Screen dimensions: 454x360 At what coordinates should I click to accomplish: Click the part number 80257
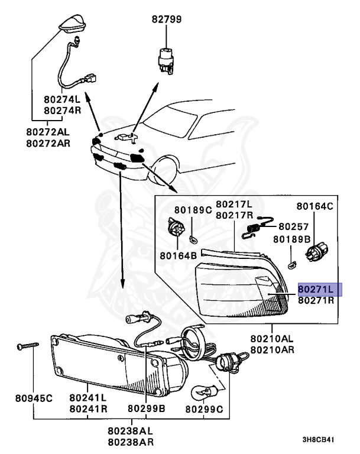click(293, 226)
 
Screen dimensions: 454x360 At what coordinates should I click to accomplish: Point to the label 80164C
click(314, 206)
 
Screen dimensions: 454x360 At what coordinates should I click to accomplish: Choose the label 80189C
click(192, 210)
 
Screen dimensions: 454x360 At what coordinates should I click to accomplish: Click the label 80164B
click(177, 256)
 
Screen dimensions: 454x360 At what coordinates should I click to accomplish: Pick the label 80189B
click(291, 239)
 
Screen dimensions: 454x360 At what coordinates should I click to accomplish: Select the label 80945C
click(34, 398)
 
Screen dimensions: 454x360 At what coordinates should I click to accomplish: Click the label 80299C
click(204, 408)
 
